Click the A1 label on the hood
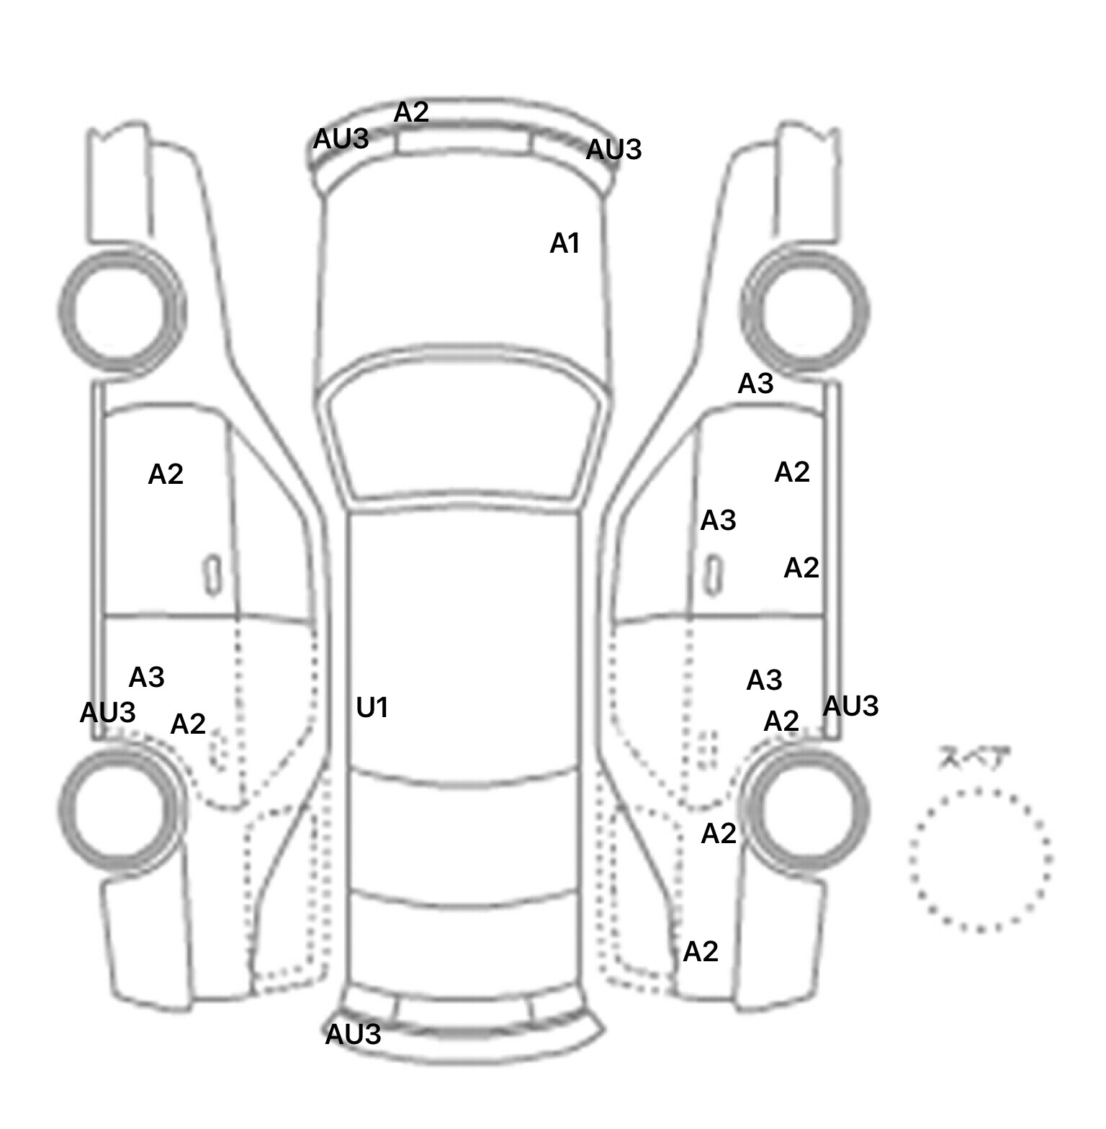point(565,244)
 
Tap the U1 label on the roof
point(372,708)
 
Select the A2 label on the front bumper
point(411,112)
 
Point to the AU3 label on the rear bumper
point(353,1035)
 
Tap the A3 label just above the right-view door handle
point(718,520)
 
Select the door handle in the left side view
point(212,575)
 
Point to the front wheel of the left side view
point(121,310)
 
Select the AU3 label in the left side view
point(107,713)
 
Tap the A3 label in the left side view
point(146,678)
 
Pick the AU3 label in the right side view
point(850,706)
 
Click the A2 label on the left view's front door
point(166,474)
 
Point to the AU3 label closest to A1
point(613,150)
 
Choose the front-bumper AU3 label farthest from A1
point(341,139)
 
